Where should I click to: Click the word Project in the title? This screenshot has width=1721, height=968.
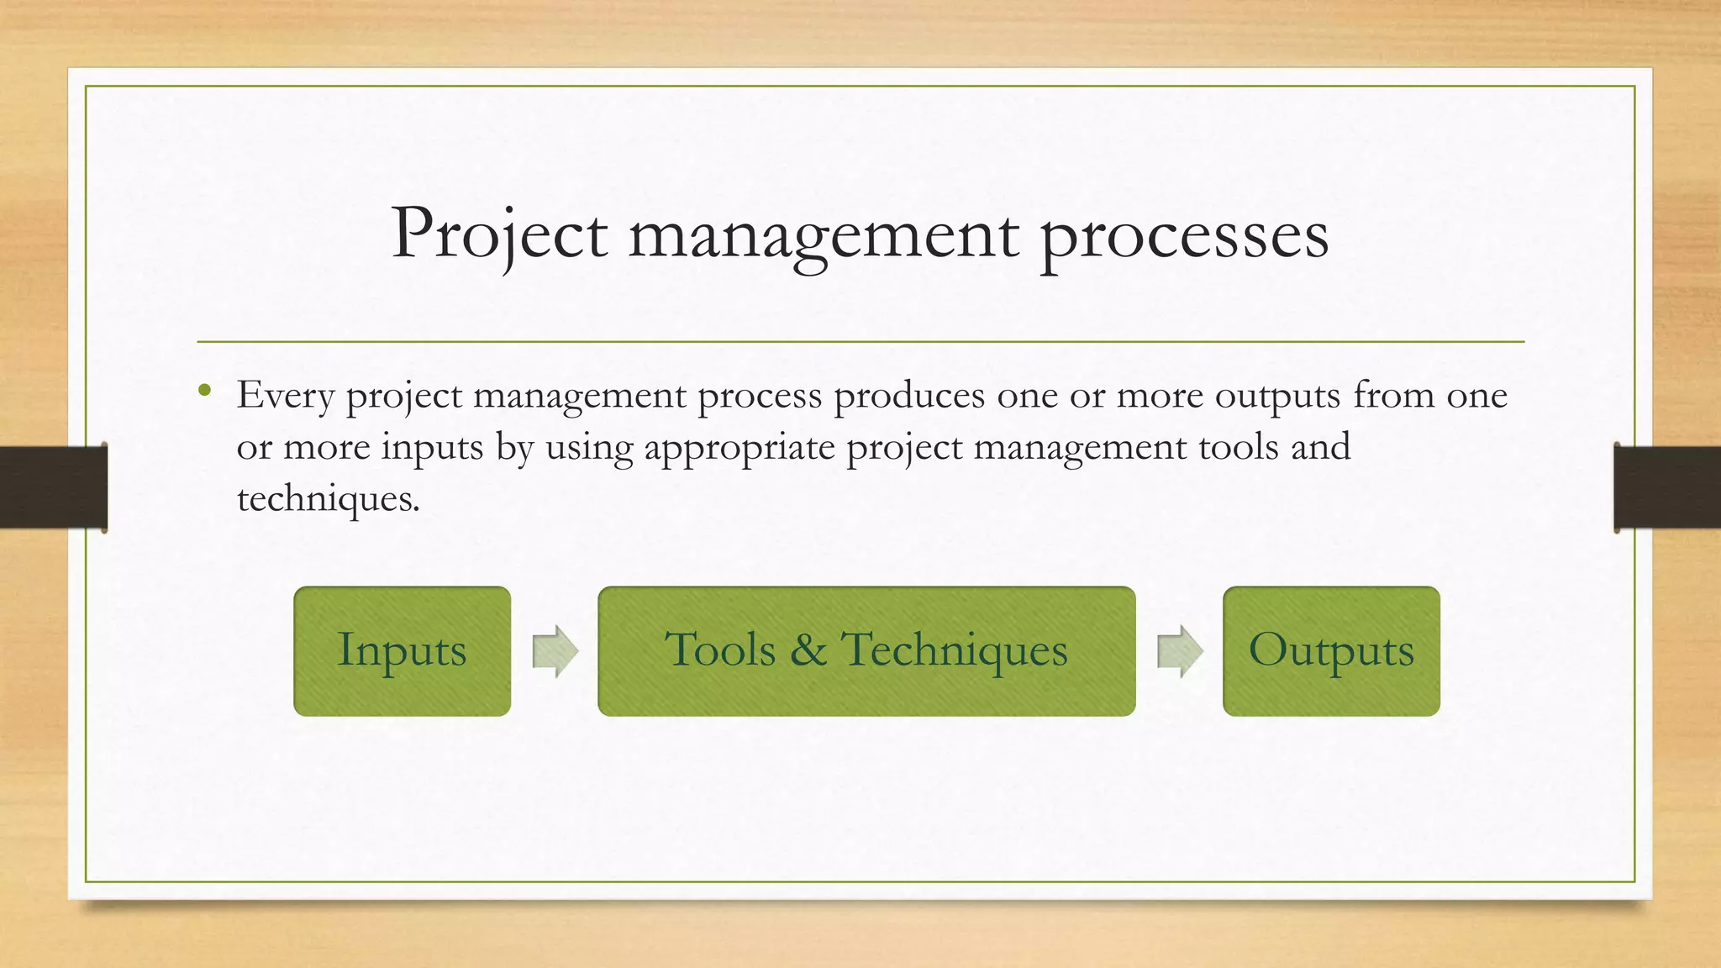click(x=499, y=234)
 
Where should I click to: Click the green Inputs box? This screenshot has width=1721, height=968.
click(x=402, y=651)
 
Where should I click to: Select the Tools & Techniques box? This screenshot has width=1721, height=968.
click(x=866, y=651)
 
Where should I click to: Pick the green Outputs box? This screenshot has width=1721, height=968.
click(x=1331, y=651)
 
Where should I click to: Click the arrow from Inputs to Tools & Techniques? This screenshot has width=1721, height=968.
click(x=555, y=651)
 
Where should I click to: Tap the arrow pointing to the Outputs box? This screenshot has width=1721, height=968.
click(x=1180, y=651)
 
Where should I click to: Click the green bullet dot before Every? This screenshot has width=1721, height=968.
click(x=204, y=390)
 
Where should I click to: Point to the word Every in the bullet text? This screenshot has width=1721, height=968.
click(x=285, y=395)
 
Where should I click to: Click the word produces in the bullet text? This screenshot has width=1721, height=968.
click(x=909, y=395)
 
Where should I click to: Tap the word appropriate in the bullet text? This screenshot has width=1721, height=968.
click(x=739, y=447)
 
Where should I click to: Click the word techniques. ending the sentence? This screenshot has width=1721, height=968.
click(x=328, y=499)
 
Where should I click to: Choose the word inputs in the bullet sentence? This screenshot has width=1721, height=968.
click(x=432, y=447)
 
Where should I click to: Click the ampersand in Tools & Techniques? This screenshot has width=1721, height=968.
click(x=808, y=650)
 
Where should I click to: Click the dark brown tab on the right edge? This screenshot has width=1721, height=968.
click(x=1667, y=487)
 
